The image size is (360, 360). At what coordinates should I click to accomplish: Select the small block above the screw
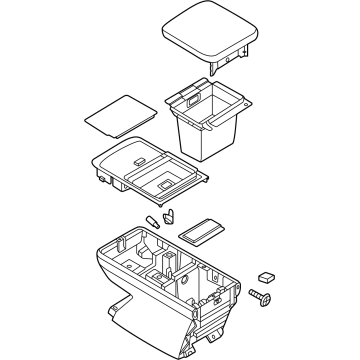pyautogui.click(x=267, y=274)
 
